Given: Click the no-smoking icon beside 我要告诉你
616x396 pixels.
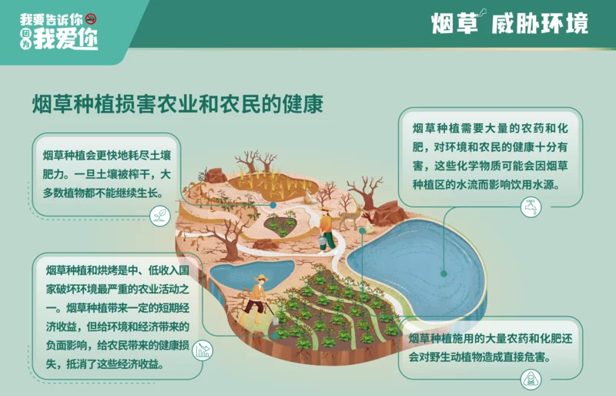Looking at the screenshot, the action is (x=91, y=18).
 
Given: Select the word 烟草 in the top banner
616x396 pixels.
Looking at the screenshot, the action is (x=454, y=23).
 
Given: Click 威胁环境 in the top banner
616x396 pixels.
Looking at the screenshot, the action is (x=540, y=23).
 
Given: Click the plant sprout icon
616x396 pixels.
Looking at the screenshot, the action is (x=160, y=216).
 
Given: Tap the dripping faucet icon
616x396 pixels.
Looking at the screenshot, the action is (x=531, y=206).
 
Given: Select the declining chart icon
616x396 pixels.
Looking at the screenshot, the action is (x=203, y=350).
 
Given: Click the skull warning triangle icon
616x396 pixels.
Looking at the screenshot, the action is (x=531, y=380).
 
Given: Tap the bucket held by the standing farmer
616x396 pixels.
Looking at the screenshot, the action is (x=322, y=242).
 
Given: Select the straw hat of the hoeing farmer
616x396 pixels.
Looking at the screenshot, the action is (x=260, y=278).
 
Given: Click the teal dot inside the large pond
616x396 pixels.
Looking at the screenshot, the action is (x=444, y=274).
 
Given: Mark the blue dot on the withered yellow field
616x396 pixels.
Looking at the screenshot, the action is (x=273, y=205).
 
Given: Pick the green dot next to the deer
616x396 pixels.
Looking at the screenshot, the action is (x=362, y=231).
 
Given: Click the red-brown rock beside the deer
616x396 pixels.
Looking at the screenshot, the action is (x=390, y=213).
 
